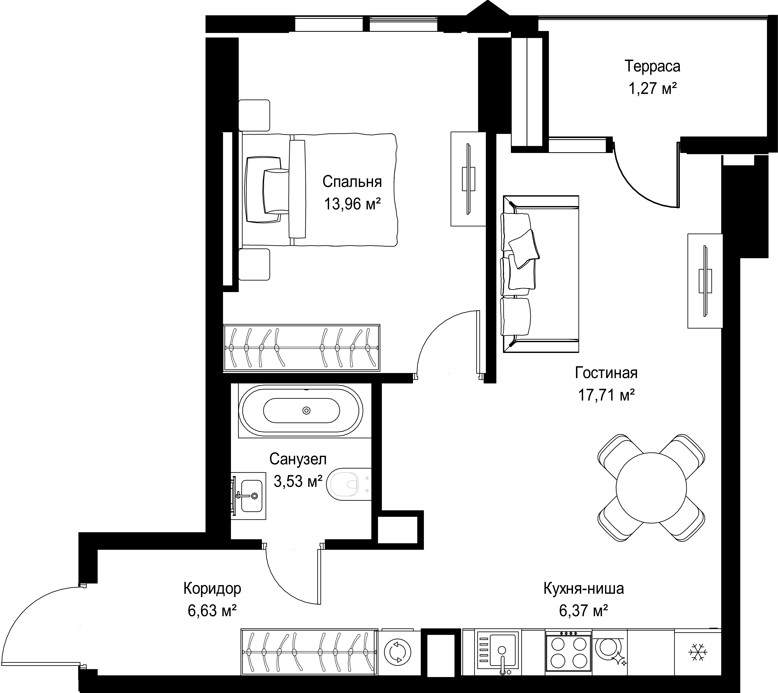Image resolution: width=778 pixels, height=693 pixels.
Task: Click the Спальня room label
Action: (352, 182)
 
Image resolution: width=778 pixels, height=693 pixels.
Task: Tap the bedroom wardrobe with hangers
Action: (301, 347)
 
